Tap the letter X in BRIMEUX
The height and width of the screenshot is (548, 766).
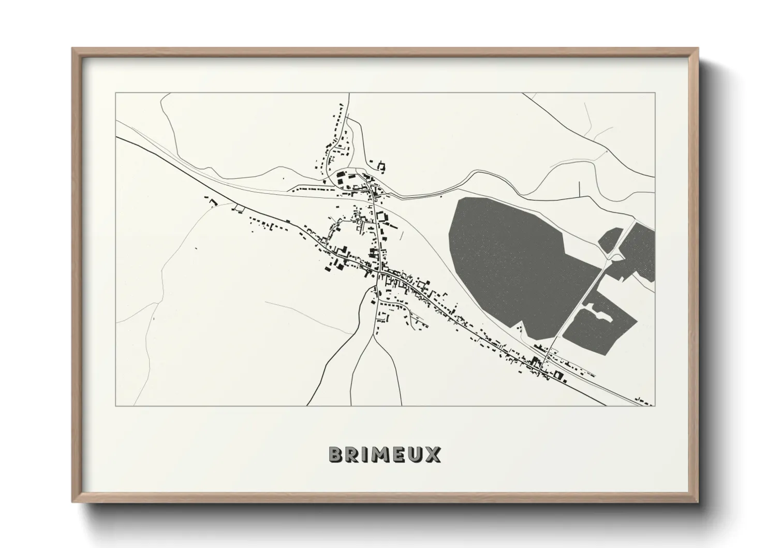(432, 455)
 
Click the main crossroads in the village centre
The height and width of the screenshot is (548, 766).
(380, 270)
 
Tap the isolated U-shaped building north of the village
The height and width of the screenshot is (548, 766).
(381, 166)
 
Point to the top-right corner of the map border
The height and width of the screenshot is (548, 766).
(655, 93)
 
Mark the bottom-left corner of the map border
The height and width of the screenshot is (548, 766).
(116, 406)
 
